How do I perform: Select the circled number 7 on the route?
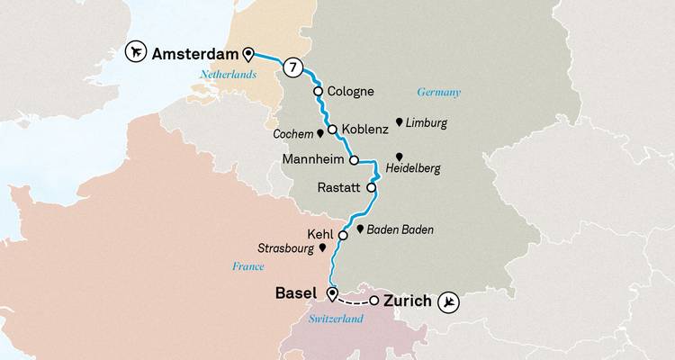[291, 67]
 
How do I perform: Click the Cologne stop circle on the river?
[318, 91]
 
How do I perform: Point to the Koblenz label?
[364, 130]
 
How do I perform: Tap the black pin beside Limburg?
[399, 121]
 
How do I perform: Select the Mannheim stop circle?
[354, 161]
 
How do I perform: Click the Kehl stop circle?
[343, 235]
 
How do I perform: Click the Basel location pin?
[332, 294]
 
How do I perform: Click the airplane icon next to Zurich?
[449, 301]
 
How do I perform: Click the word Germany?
[438, 92]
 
